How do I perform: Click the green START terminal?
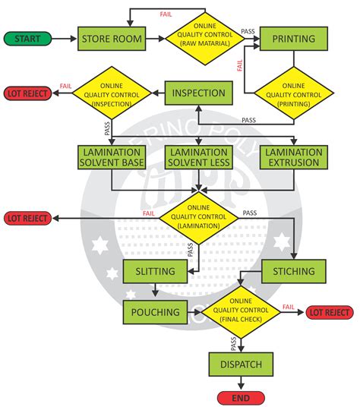[x=28, y=38]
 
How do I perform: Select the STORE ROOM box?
[x=111, y=38]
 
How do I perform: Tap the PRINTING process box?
[x=293, y=38]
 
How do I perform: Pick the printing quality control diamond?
[x=293, y=94]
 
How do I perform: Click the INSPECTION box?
[x=197, y=94]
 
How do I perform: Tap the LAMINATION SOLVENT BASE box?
[x=111, y=158]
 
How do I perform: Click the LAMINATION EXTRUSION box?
[x=293, y=158]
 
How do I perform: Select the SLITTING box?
[x=155, y=271]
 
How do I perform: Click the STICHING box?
[x=293, y=271]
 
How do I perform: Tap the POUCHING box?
[x=155, y=311]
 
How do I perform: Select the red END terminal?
[x=239, y=397]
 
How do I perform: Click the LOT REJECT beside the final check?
[x=329, y=312]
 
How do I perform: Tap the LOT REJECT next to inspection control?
[x=28, y=94]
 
